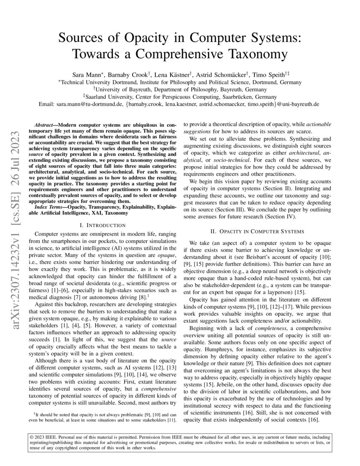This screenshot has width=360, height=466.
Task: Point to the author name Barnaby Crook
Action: click(x=121, y=75)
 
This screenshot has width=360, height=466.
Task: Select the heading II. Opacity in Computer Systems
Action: click(x=257, y=231)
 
